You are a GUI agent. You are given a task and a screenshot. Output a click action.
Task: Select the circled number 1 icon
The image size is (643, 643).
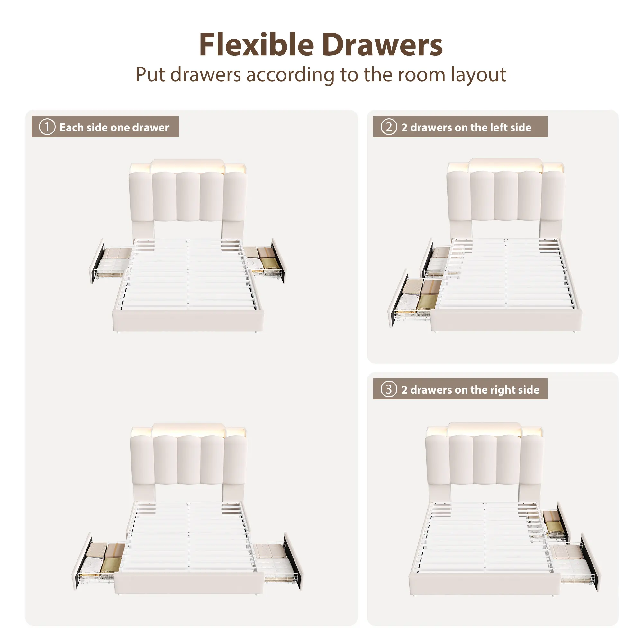pos(47,127)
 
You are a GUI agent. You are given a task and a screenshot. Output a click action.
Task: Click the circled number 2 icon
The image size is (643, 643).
pos(389,127)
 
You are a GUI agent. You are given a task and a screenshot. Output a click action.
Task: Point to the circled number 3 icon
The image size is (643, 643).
pos(389,389)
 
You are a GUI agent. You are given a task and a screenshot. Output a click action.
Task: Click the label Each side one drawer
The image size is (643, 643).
pos(114,127)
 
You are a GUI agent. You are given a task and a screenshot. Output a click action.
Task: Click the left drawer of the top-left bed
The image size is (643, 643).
pos(111,261)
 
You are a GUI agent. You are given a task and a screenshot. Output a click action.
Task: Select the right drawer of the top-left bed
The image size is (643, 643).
pos(265,261)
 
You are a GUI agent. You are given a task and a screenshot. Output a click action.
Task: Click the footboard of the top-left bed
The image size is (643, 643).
pos(188,320)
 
